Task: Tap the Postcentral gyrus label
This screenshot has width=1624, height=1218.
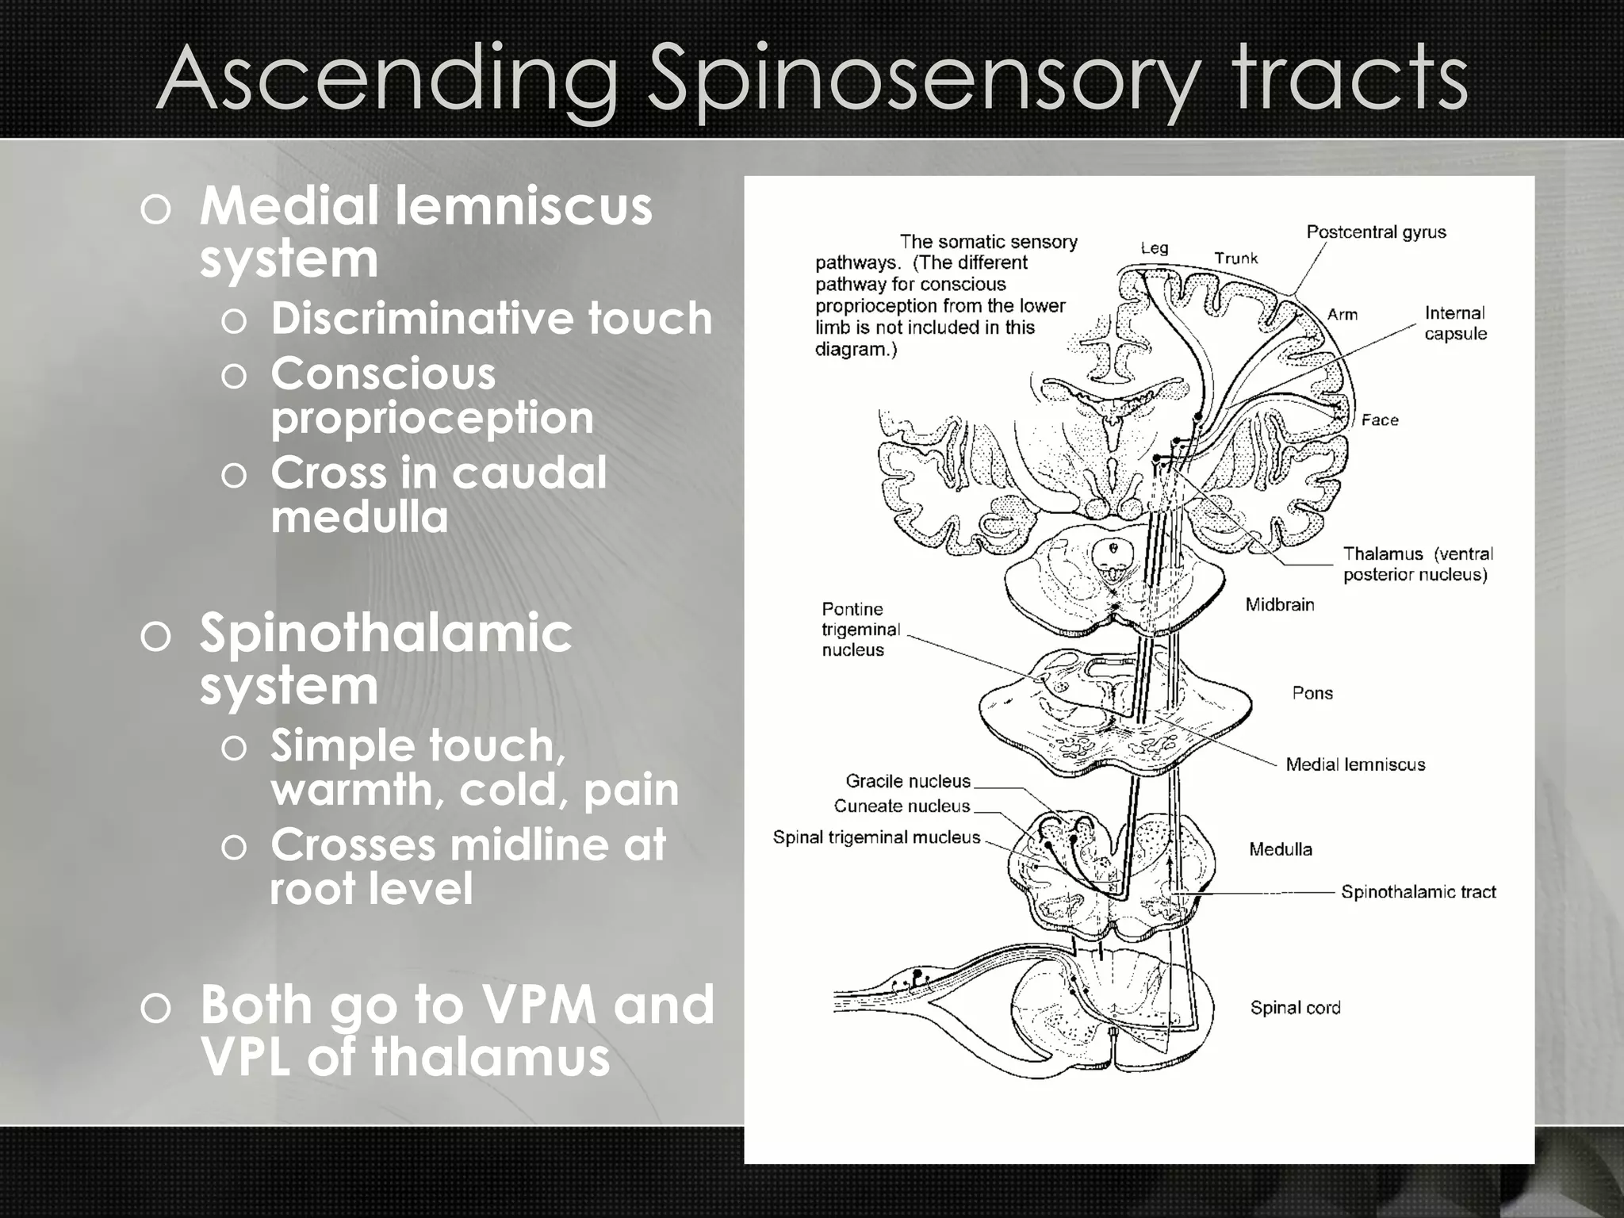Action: (1376, 232)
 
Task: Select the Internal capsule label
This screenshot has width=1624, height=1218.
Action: (1455, 324)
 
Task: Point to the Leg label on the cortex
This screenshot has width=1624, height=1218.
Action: (1155, 248)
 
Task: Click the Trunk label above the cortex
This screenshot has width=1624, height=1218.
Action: (1235, 259)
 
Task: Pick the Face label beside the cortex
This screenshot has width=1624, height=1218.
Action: (1380, 420)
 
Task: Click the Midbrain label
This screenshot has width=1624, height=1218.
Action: (1279, 605)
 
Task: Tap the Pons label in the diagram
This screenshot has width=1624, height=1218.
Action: (1312, 693)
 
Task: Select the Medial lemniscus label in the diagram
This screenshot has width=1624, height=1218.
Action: (1355, 765)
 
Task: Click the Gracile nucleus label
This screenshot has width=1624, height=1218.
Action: (908, 781)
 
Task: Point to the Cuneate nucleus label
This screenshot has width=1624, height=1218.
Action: (902, 806)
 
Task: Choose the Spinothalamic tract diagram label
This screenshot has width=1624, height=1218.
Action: (1418, 892)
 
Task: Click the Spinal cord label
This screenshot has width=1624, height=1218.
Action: (1295, 1008)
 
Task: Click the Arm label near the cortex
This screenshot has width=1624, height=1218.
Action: (1342, 315)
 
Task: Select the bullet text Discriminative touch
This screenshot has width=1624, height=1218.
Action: (491, 319)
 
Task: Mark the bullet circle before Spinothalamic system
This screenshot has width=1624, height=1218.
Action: (155, 637)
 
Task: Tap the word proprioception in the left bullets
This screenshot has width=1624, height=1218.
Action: (432, 418)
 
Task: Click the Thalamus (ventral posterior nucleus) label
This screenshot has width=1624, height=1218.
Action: (1417, 564)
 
